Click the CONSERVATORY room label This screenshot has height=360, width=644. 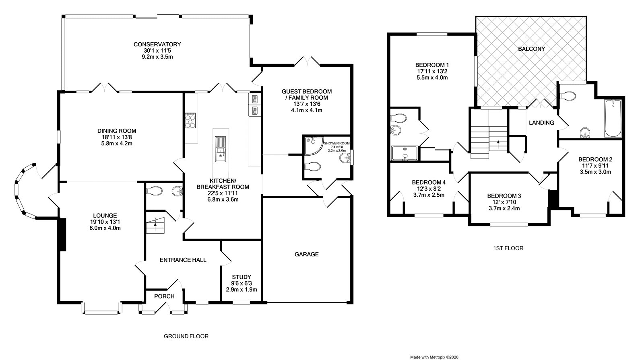(157, 44)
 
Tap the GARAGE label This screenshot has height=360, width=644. (306, 254)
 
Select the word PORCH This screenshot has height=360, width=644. (165, 296)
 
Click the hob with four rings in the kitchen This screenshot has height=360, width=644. (190, 120)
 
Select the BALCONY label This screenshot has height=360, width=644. (531, 49)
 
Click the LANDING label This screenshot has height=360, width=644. (541, 123)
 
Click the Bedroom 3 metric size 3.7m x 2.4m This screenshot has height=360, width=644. (504, 208)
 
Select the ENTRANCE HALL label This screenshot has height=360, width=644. (183, 260)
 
